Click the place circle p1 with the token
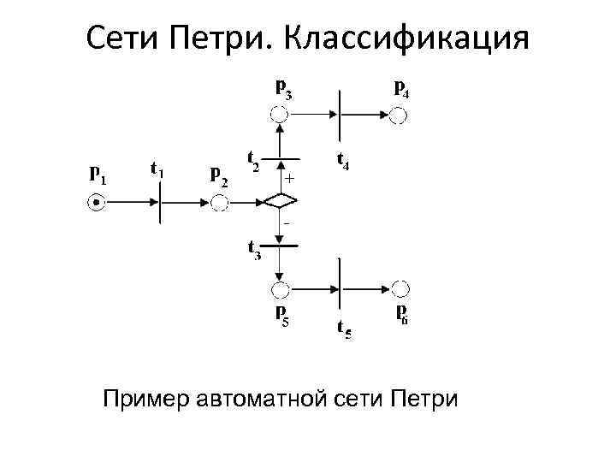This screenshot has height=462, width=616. [97, 203]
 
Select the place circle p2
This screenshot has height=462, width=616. [219, 203]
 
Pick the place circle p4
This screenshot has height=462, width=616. [396, 114]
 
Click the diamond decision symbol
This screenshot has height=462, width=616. [279, 203]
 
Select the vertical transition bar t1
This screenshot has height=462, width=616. [160, 203]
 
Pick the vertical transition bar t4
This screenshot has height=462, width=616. [340, 114]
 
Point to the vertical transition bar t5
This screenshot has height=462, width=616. [340, 287]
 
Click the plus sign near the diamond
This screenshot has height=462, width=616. [290, 180]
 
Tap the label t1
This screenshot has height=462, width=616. [157, 170]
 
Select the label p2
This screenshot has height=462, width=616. [219, 175]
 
